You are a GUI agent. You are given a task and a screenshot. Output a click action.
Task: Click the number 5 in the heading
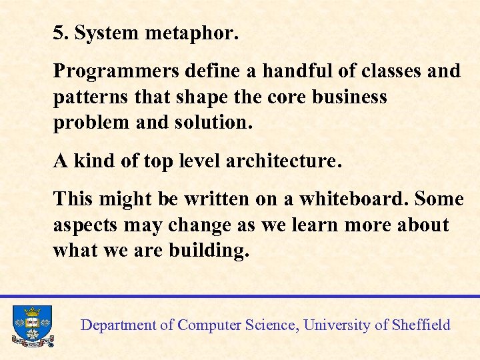coord(59,33)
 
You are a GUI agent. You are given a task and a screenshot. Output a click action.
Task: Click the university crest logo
coord(31,325)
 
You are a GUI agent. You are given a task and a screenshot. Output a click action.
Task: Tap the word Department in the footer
coord(118,325)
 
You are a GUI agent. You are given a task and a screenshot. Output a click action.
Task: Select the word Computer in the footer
coord(209,325)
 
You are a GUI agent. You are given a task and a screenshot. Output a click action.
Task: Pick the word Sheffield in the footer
coord(421,325)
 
